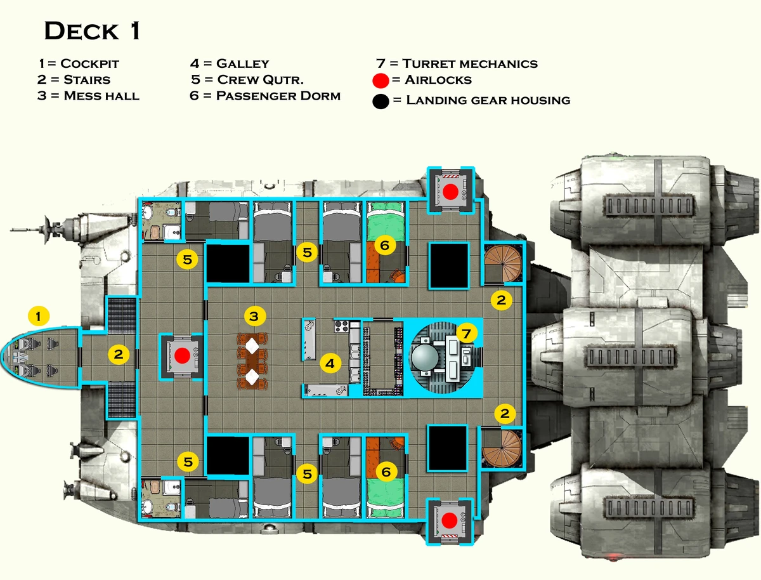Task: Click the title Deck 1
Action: click(x=92, y=31)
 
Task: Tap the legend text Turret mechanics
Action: click(x=470, y=63)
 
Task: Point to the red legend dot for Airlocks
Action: click(x=381, y=81)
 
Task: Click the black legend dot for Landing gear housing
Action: click(x=381, y=100)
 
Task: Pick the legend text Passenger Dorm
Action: click(x=278, y=96)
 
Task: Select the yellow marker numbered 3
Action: click(x=254, y=315)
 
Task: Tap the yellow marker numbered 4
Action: click(x=330, y=363)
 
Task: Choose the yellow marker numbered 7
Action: click(x=466, y=333)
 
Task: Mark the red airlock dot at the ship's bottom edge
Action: click(x=450, y=521)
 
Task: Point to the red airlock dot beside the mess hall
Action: click(x=183, y=355)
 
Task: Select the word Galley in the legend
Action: click(x=242, y=63)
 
